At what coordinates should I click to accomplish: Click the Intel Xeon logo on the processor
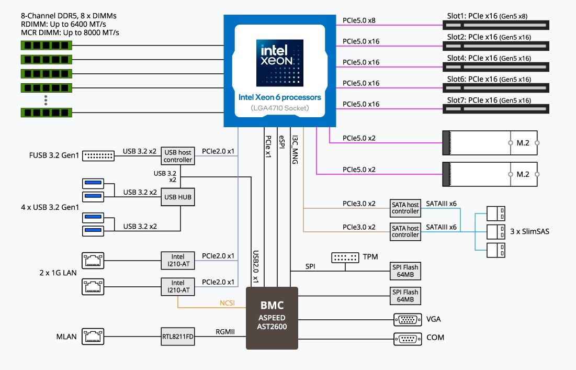tap(279, 63)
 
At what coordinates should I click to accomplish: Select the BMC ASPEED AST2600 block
tap(272, 318)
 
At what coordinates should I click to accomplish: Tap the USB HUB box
tap(178, 197)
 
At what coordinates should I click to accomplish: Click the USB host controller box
tap(178, 155)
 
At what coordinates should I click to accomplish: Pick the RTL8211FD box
tap(178, 337)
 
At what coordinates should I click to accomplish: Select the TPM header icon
tap(345, 257)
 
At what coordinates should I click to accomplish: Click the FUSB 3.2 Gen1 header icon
tap(99, 155)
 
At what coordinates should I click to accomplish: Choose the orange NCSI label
tap(227, 302)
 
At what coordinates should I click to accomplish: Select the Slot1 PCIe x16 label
tap(487, 16)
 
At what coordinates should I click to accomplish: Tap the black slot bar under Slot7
tap(495, 109)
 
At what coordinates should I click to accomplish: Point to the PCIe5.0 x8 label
tap(359, 20)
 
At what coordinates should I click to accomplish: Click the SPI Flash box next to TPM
tap(405, 271)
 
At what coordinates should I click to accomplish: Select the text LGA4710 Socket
tap(279, 108)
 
